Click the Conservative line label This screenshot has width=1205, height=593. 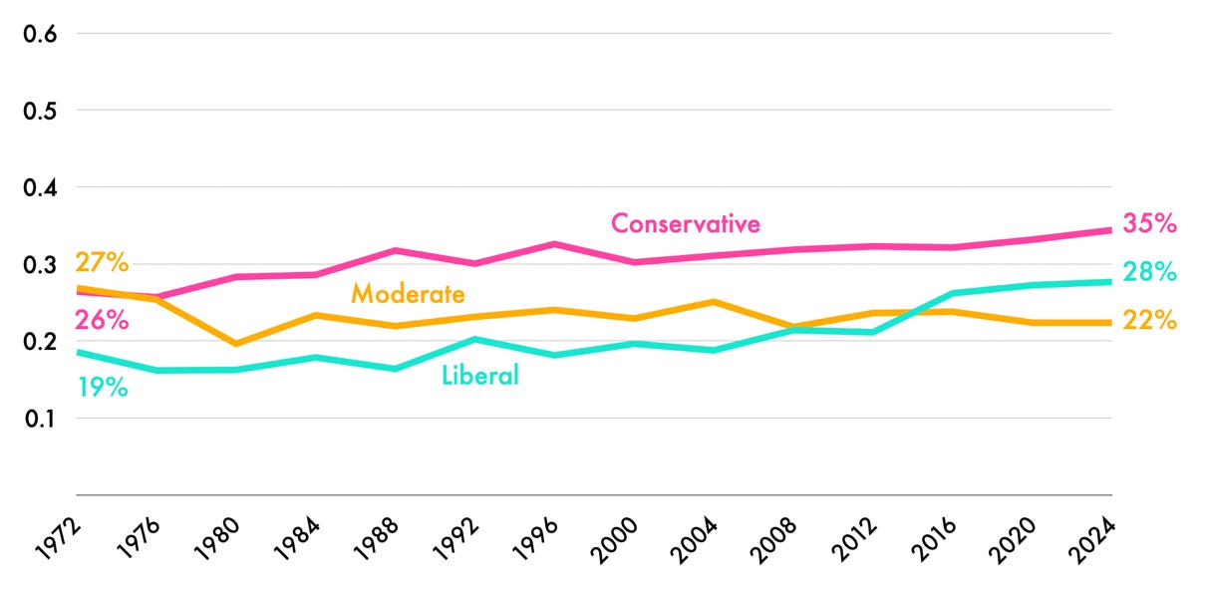pyautogui.click(x=685, y=223)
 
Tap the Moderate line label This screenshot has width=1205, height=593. pyautogui.click(x=408, y=294)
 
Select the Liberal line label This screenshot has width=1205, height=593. pyautogui.click(x=479, y=376)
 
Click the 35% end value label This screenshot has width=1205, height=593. pyautogui.click(x=1149, y=223)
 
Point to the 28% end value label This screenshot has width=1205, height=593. pyautogui.click(x=1149, y=272)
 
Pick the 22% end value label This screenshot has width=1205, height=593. pyautogui.click(x=1149, y=321)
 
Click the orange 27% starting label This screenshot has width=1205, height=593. pyautogui.click(x=102, y=263)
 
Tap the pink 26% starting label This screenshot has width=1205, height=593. pyautogui.click(x=102, y=321)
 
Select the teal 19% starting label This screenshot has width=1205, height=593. pyautogui.click(x=102, y=388)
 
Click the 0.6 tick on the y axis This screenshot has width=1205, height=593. pyautogui.click(x=40, y=33)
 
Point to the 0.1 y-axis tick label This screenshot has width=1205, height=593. pyautogui.click(x=40, y=419)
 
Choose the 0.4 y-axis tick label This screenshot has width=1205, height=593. pyautogui.click(x=40, y=187)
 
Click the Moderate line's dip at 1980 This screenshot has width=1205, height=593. pyautogui.click(x=236, y=344)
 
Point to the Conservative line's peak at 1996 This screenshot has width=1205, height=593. pyautogui.click(x=555, y=243)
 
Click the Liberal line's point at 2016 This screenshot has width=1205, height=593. pyautogui.click(x=954, y=293)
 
